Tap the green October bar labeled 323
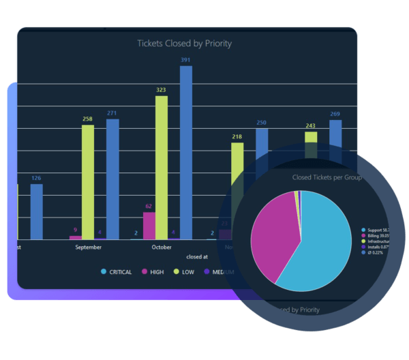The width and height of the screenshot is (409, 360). click(162, 167)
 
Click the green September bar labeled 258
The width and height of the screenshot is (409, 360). click(88, 181)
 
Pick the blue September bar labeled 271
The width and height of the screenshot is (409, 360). click(112, 179)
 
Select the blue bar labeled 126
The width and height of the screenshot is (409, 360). click(37, 211)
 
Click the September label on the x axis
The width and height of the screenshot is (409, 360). click(88, 247)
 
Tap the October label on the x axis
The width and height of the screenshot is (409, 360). click(162, 247)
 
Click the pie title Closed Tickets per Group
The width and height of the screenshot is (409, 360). click(327, 177)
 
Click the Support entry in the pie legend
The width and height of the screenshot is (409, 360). click(377, 230)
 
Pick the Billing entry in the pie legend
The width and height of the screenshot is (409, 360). click(377, 235)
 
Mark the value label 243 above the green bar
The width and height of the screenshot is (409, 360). click(310, 125)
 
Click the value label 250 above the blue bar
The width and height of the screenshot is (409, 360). click(262, 123)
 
